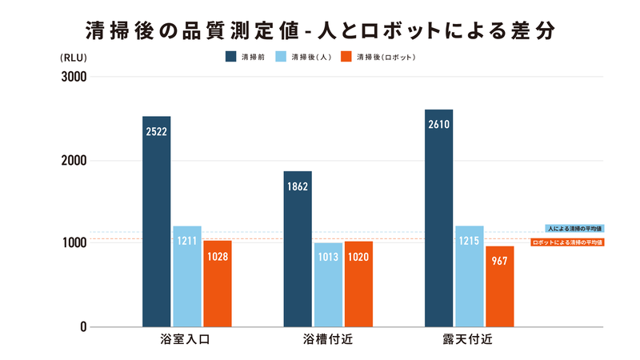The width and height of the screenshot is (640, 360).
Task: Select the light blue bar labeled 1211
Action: (x=187, y=276)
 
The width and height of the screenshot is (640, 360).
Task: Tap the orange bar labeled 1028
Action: (x=217, y=283)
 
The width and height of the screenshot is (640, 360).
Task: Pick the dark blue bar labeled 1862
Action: (x=297, y=249)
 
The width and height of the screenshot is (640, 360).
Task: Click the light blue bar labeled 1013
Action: (x=327, y=284)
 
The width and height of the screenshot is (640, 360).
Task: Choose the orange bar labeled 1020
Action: (x=358, y=284)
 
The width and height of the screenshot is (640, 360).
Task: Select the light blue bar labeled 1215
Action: (x=469, y=276)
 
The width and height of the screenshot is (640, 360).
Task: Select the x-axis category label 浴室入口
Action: (x=186, y=340)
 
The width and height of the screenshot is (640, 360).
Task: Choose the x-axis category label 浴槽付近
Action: (x=327, y=340)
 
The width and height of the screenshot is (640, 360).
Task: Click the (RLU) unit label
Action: (x=73, y=58)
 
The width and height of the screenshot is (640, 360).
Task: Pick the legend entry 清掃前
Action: (x=246, y=58)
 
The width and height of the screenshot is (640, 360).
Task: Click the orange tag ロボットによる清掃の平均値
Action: (x=567, y=242)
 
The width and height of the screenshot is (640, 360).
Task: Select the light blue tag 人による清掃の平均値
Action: (x=574, y=228)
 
